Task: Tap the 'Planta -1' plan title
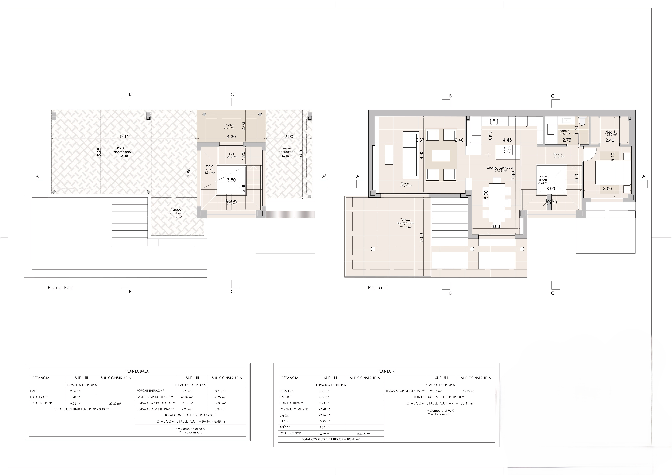[378, 288]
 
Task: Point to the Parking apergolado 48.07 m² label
[122, 152]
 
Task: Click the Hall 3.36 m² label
[232, 155]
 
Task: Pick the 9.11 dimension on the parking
[124, 137]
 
